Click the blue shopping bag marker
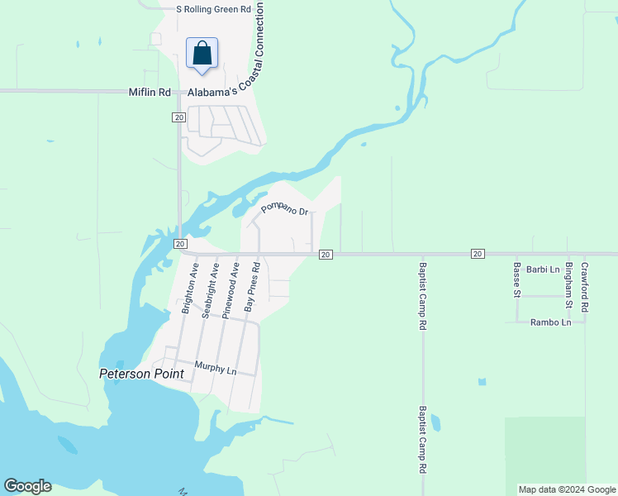[202, 54]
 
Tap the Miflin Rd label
[150, 93]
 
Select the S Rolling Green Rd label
[213, 9]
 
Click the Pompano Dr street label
[285, 209]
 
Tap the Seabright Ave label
[211, 289]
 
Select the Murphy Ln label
[216, 368]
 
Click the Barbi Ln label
[543, 269]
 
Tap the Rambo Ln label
[550, 322]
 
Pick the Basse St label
[517, 279]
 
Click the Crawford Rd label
[585, 287]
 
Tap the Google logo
[27, 486]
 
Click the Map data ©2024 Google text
[568, 489]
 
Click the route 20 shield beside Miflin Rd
[178, 117]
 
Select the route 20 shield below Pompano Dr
[326, 254]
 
